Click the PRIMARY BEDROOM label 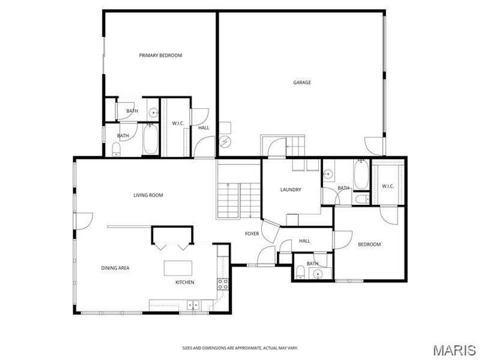161,55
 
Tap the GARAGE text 302,83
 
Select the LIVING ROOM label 148,195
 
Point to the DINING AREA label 116,268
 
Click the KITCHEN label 185,282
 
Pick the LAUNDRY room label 291,190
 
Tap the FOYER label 252,234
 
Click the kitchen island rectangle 178,267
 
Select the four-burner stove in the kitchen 223,284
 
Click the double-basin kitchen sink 192,305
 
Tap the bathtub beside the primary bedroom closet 150,139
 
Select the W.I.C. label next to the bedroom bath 388,186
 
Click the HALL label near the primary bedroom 204,128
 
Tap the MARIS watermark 454,350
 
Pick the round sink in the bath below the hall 318,275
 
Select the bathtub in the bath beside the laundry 361,175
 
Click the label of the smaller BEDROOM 369,244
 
